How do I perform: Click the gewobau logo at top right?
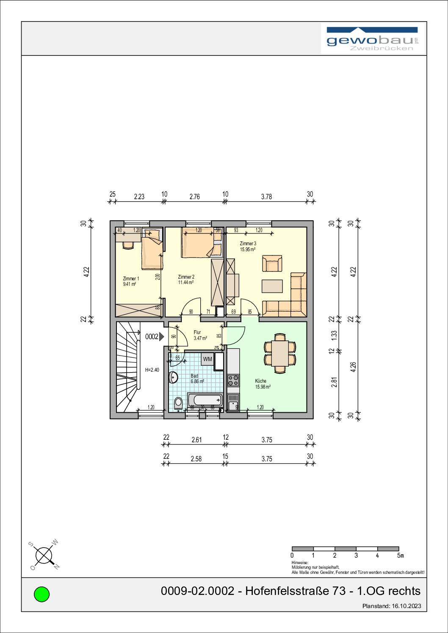pos(373,39)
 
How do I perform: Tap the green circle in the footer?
pos(41,594)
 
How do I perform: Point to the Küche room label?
pos(261,381)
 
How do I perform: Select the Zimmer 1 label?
pos(131,279)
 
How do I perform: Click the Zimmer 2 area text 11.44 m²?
pos(186,282)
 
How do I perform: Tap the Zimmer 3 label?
pos(248,244)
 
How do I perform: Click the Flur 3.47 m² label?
pos(199,335)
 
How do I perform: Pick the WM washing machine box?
pos(207,359)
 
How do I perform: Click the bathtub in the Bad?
pos(205,400)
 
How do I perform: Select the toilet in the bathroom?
pos(178,403)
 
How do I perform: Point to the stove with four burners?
pos(233,381)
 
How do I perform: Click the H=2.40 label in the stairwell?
pos(152,370)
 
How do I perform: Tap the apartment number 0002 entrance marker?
pos(154,337)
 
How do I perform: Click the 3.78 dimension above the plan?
pos(266,197)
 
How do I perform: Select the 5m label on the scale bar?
pos(400,555)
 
